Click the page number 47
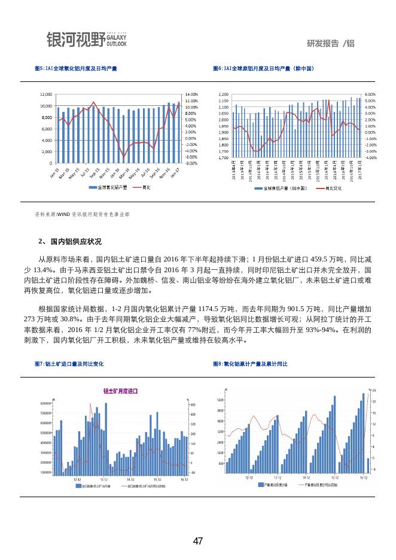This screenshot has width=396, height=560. pyautogui.click(x=198, y=541)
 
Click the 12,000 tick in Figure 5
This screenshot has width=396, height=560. pyautogui.click(x=45, y=95)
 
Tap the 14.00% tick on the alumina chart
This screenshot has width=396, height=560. pyautogui.click(x=191, y=95)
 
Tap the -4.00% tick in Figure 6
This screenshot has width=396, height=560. pyautogui.click(x=370, y=158)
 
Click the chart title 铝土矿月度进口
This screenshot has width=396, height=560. pyautogui.click(x=120, y=391)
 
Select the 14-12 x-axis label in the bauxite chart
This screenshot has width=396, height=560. pyautogui.click(x=130, y=479)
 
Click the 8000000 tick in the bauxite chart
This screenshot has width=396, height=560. pyautogui.click(x=45, y=403)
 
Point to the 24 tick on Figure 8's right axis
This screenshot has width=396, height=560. pyautogui.click(x=374, y=390)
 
